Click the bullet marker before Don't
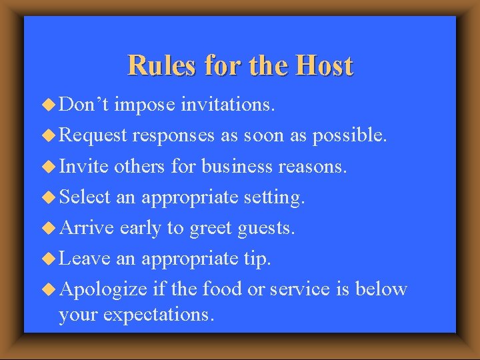(49, 104)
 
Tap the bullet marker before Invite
(49, 166)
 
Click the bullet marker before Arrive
(49, 227)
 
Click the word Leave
(85, 258)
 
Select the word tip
(257, 259)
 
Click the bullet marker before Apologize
(49, 289)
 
